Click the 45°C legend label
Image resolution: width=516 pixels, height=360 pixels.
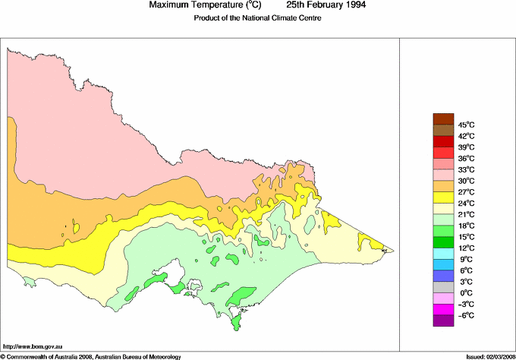(465, 125)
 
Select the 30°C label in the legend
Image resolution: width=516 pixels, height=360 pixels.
(465, 181)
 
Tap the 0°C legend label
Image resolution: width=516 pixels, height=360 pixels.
(464, 293)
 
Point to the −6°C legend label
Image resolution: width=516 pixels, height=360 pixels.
(464, 315)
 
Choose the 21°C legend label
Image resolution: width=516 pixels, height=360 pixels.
(465, 214)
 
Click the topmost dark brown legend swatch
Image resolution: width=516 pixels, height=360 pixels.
(443, 118)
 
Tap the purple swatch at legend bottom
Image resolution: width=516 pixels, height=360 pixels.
(443, 321)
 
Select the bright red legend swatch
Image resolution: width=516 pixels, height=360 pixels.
(443, 141)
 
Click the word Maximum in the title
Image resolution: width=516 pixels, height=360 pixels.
(170, 5)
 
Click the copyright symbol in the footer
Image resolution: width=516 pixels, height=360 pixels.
(3, 355)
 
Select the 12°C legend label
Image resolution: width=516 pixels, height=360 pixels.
(465, 248)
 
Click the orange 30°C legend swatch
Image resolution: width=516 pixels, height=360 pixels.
(443, 186)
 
